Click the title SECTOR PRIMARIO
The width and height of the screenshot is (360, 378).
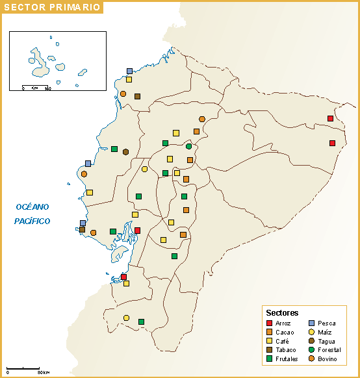tap(52, 8)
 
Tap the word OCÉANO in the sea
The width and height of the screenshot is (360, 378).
tap(32, 207)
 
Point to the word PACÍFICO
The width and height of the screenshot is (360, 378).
tap(32, 221)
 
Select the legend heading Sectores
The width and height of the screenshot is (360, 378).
tap(282, 312)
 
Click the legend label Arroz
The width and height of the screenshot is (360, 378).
tap(283, 323)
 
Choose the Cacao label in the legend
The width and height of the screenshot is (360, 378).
tap(285, 332)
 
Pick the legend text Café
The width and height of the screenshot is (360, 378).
tap(283, 341)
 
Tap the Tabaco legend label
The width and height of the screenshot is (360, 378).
tap(285, 349)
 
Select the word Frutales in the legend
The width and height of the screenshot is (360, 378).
tap(287, 359)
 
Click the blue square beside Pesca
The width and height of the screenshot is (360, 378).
tap(311, 323)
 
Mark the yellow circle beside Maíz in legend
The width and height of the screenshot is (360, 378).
tap(311, 332)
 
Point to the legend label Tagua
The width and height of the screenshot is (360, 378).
tap(327, 341)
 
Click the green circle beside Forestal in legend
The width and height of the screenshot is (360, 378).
tap(311, 349)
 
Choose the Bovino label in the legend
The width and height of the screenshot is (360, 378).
tap(328, 359)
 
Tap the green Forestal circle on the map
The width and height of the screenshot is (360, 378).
tap(188, 146)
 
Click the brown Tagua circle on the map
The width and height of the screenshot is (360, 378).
tap(125, 152)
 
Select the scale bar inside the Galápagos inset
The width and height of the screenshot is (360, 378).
tap(36, 86)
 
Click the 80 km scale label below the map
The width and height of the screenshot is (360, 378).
tap(43, 372)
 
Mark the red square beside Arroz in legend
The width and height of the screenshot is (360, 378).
tap(270, 323)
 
